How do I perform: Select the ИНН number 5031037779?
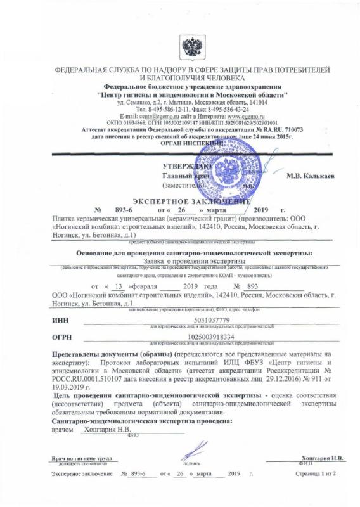tap(212, 321)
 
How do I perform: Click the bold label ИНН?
tap(60, 321)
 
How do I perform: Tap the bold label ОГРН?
tap(62, 337)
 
